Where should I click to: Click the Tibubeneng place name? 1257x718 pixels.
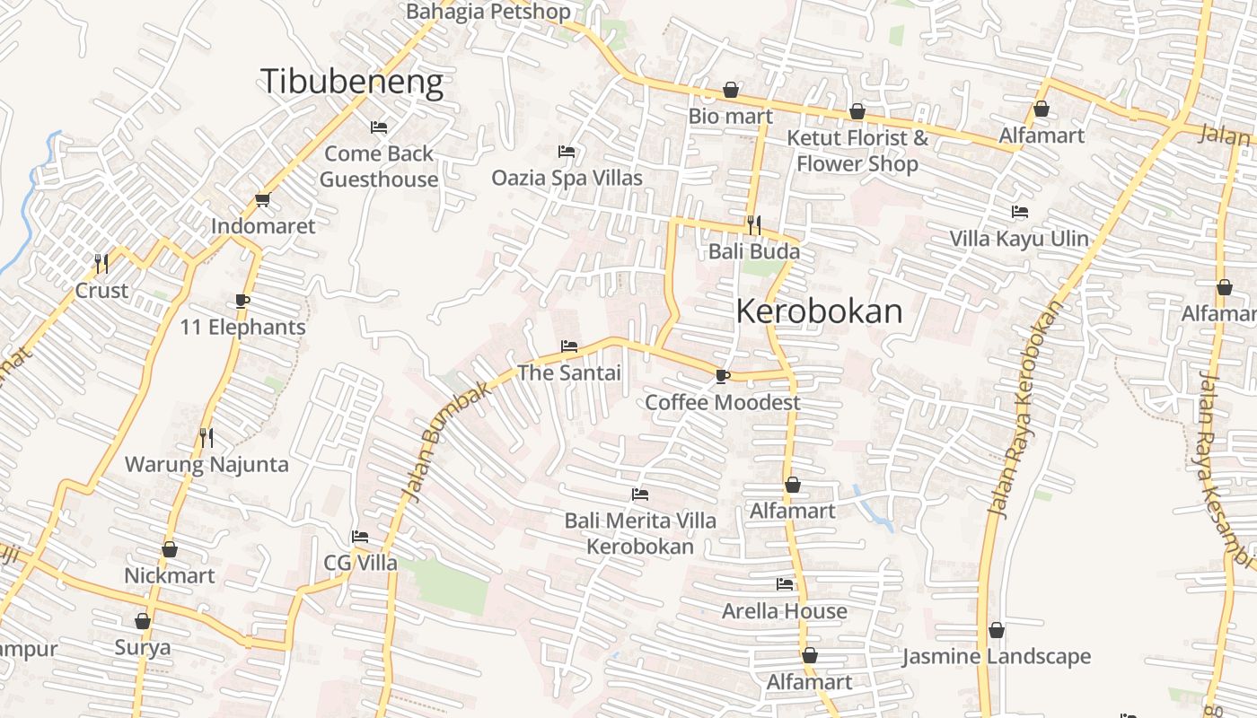click(x=352, y=82)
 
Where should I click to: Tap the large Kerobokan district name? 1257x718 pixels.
click(x=819, y=311)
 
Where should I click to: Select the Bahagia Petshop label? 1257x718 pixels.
click(x=488, y=12)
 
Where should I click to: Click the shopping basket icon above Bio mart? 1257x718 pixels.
click(x=731, y=90)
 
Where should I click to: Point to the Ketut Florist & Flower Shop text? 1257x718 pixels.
click(x=857, y=151)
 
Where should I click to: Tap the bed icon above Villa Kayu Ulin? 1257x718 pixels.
click(x=1019, y=213)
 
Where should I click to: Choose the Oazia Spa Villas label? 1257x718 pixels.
click(x=567, y=178)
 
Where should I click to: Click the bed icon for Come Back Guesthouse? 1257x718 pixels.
click(x=379, y=127)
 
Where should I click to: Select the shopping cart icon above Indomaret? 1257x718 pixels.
click(x=262, y=199)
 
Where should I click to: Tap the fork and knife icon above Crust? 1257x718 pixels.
click(x=101, y=263)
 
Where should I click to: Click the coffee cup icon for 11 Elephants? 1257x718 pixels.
click(x=242, y=301)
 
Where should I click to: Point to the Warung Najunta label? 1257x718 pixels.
click(x=207, y=464)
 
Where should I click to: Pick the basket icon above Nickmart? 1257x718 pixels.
click(x=170, y=549)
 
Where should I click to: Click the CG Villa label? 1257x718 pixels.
click(x=360, y=563)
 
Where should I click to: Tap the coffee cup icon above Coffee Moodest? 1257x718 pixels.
click(x=722, y=376)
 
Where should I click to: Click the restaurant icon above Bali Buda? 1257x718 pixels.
click(x=753, y=224)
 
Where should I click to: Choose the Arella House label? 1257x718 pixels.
click(x=785, y=611)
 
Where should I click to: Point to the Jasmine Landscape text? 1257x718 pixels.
click(x=997, y=657)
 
